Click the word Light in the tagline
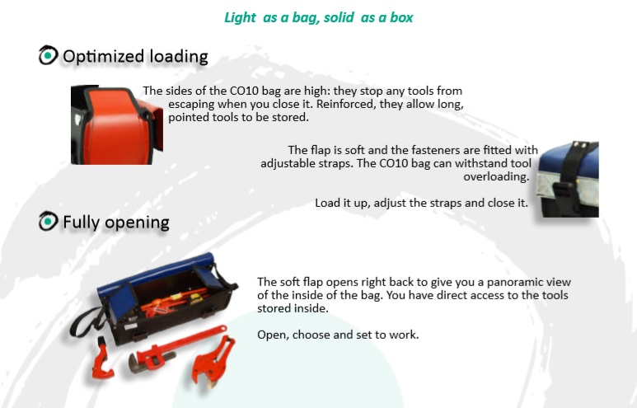coord(241,17)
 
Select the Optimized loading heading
coord(135,57)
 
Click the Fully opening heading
coord(115,222)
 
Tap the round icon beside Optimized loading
coord(49,56)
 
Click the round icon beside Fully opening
coord(49,221)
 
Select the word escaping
coord(194,104)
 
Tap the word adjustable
coord(292,163)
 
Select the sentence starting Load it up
coord(421,203)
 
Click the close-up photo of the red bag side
coord(115,124)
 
